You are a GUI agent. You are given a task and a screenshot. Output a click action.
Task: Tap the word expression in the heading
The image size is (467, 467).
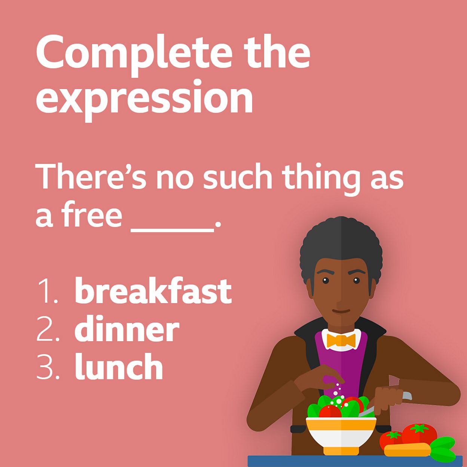(x=144, y=98)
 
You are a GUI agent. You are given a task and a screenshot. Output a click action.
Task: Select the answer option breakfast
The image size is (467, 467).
(x=153, y=291)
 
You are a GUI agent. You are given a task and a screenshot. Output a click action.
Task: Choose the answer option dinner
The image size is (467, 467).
(x=127, y=330)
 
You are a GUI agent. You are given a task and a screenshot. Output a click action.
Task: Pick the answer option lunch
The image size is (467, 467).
(x=119, y=367)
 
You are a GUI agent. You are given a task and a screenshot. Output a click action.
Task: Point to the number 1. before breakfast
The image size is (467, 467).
(x=47, y=292)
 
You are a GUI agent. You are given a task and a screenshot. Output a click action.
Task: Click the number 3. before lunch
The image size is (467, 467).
(x=48, y=367)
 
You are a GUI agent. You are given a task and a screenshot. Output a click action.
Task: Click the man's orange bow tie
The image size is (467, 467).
(x=341, y=340)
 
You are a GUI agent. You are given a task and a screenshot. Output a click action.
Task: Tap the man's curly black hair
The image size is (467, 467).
(x=341, y=243)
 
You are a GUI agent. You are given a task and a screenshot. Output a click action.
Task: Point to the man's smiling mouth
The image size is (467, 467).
(x=341, y=310)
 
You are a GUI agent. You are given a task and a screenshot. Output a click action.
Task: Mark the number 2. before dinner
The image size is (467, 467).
(x=48, y=330)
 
